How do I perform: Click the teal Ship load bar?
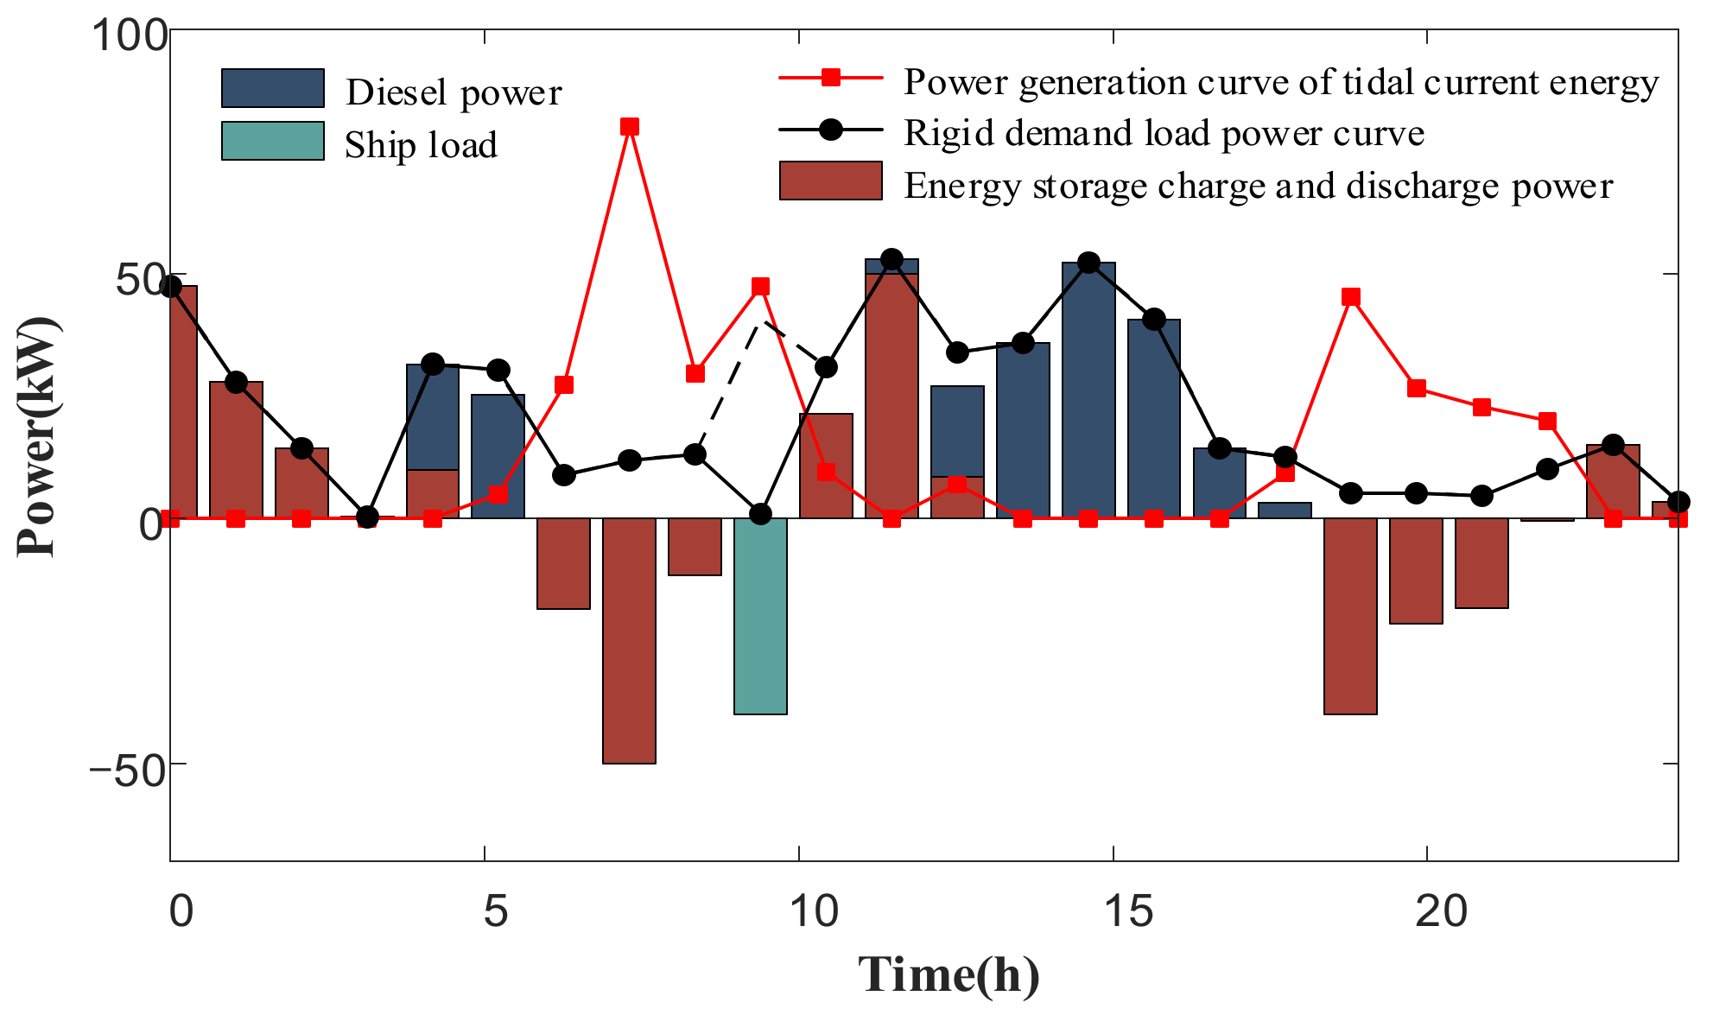(760, 616)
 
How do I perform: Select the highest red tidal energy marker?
(630, 127)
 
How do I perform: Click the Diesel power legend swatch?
(273, 88)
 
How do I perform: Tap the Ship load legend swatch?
(273, 141)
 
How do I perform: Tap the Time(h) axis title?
(948, 975)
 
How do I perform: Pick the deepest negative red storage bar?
(629, 641)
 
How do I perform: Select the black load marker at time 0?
(171, 287)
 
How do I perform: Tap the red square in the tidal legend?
(830, 78)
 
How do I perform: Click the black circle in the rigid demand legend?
(830, 130)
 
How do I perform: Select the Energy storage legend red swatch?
(830, 181)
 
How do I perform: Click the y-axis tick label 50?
(138, 279)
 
